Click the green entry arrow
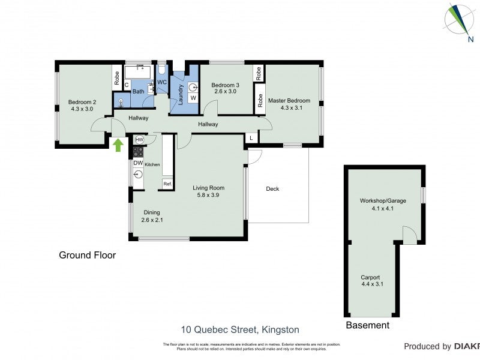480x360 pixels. click(118, 145)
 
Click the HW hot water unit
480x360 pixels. click(139, 140)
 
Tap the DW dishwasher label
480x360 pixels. click(137, 163)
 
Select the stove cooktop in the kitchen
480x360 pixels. click(138, 152)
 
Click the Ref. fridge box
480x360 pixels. click(167, 184)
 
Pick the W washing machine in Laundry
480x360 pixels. click(193, 98)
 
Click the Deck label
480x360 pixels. click(272, 189)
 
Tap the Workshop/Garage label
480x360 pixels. click(382, 200)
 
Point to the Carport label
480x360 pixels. click(370, 277)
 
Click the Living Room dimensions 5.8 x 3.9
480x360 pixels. click(208, 196)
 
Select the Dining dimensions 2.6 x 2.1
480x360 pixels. click(152, 220)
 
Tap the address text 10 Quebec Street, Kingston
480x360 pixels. click(240, 329)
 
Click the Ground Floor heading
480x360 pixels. click(87, 255)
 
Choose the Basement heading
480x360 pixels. click(367, 325)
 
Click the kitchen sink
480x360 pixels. click(138, 175)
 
